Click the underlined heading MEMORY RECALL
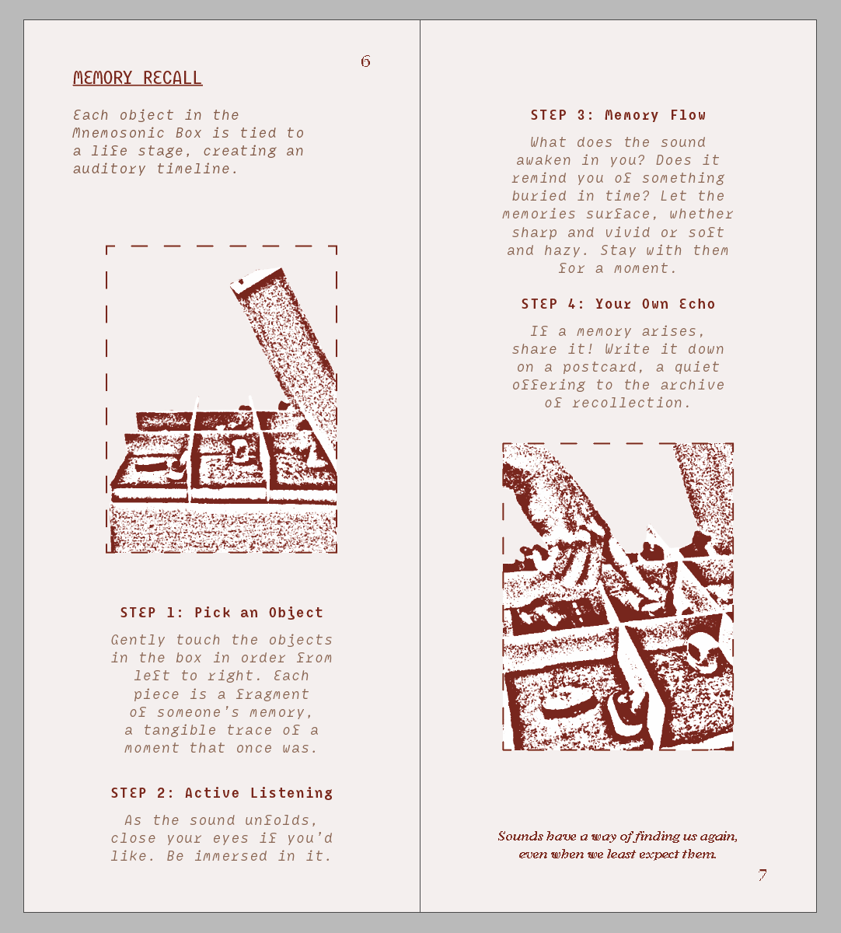pos(138,78)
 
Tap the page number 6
pos(365,61)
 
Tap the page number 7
pos(762,875)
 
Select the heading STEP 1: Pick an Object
pos(222,613)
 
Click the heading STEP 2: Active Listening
pos(222,793)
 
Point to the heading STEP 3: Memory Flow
pos(618,115)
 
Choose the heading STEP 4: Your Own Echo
pos(618,304)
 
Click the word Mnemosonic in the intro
pos(119,133)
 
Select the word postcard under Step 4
pos(599,368)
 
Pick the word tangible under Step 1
pos(180,730)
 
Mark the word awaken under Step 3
pos(543,160)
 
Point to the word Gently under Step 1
pos(138,641)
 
